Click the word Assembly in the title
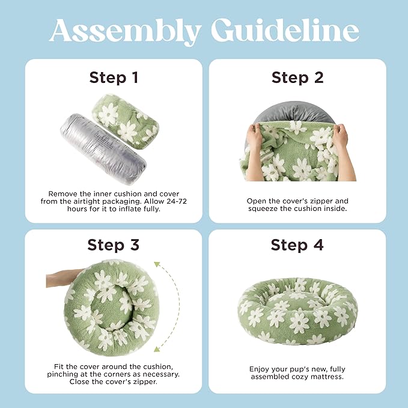coord(125,31)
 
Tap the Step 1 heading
coord(114,78)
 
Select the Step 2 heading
coord(297,78)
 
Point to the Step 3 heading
coord(114,245)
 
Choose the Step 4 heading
coord(297,245)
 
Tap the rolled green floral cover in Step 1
coord(125,121)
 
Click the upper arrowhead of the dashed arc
coord(157,264)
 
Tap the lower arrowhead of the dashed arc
coord(157,349)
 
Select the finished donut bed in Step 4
coord(297,311)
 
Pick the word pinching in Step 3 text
coord(67,374)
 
